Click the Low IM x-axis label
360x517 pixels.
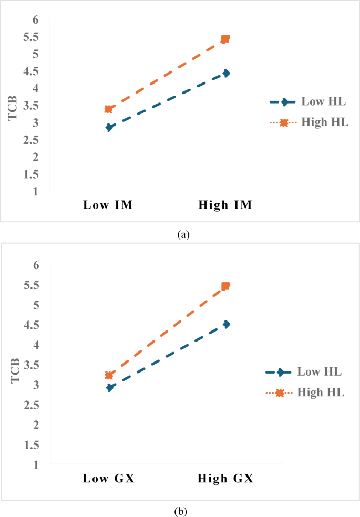(x=108, y=205)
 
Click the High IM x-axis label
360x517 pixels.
(x=225, y=205)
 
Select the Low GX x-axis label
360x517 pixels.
(x=108, y=479)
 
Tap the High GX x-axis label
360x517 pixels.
(x=225, y=479)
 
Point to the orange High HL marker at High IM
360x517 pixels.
(x=225, y=39)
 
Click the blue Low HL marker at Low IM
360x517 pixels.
(x=109, y=127)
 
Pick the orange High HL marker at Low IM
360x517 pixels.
(x=108, y=109)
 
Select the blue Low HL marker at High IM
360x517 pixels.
(x=226, y=73)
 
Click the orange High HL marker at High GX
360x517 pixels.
(x=225, y=286)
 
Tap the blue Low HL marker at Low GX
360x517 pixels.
(x=109, y=388)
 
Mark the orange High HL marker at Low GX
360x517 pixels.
(x=108, y=375)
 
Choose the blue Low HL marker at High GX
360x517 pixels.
(x=226, y=324)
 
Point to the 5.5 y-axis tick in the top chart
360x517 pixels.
(x=30, y=37)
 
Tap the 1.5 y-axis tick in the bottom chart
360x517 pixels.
(x=30, y=445)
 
